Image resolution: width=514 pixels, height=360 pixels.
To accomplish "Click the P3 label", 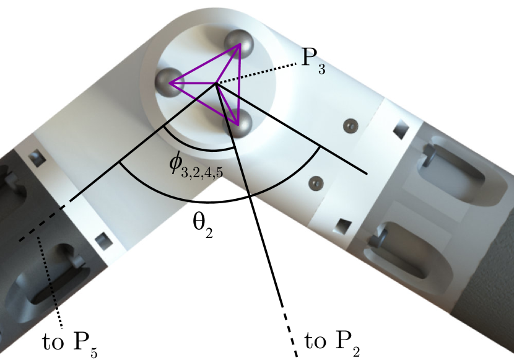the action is point(313,61).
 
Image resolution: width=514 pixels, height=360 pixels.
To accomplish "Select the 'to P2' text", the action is point(333,343).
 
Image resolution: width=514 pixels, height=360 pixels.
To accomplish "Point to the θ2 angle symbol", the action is point(203,226).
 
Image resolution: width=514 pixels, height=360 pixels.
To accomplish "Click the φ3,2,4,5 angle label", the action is point(196,165).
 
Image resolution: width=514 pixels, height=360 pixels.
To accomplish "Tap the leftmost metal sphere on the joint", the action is point(168,82).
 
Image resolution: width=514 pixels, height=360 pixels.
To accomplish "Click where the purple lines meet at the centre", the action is point(216,84).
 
